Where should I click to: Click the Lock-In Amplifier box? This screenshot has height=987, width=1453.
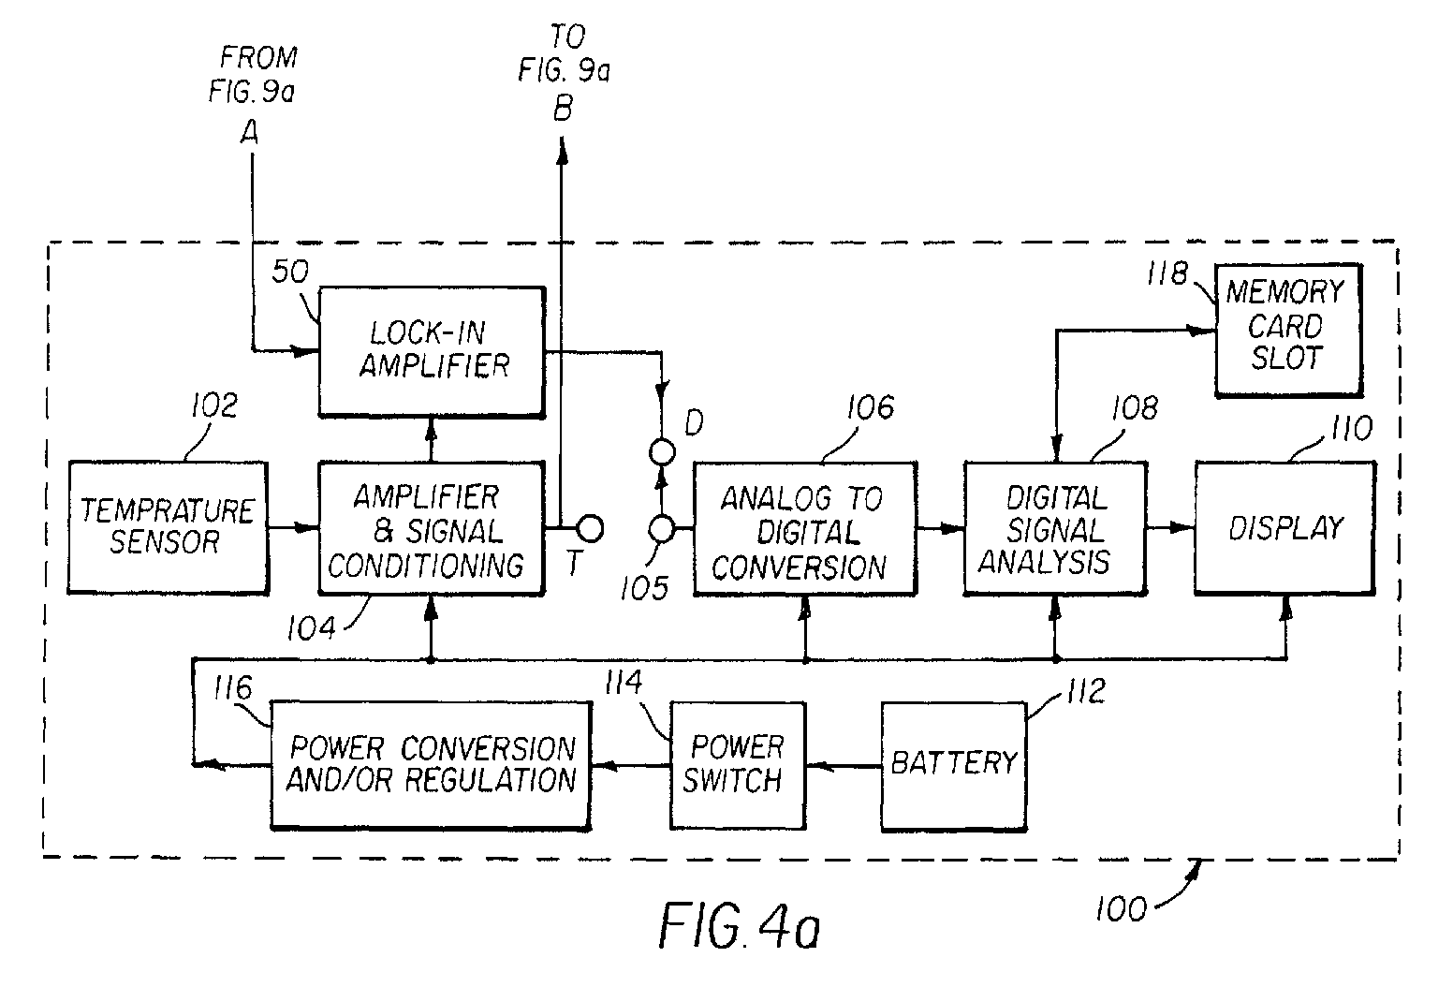[x=431, y=350]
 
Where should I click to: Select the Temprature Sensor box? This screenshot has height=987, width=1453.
[x=167, y=526]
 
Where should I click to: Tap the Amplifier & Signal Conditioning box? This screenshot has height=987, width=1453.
[x=431, y=528]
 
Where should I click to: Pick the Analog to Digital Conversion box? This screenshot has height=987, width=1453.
[x=804, y=530]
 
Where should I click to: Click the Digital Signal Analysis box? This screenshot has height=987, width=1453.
[x=1054, y=528]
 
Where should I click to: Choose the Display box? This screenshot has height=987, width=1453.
[x=1284, y=527]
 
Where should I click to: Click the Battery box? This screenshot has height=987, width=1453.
[x=953, y=764]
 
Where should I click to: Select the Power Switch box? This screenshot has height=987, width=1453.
[x=737, y=764]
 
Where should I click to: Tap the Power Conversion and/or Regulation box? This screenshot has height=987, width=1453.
[x=431, y=764]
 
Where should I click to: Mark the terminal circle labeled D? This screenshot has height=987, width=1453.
[x=662, y=452]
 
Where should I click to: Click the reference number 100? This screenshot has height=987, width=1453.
[x=1121, y=907]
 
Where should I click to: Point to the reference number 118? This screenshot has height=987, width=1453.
[x=1167, y=273]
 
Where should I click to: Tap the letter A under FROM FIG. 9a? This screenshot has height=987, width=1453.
[x=250, y=135]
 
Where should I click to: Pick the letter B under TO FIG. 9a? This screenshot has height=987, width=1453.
[x=562, y=110]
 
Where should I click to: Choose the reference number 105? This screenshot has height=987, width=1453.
[x=643, y=588]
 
